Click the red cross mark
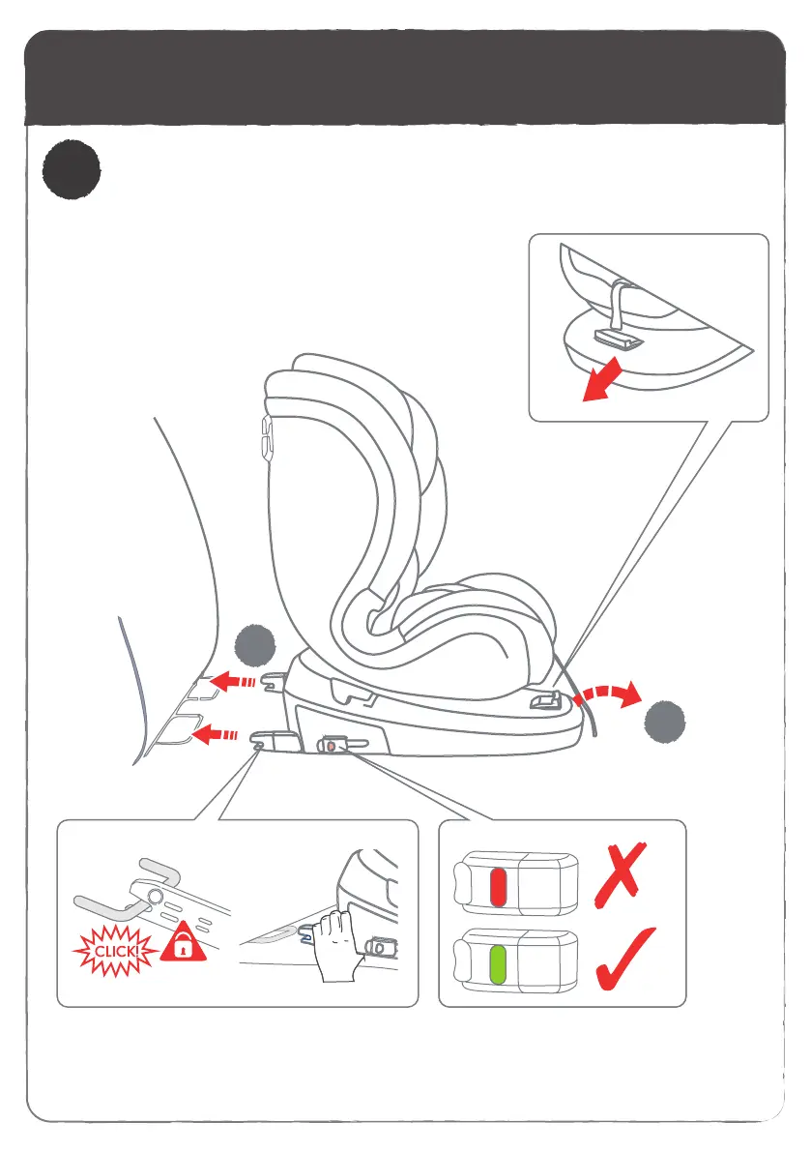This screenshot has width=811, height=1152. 620,871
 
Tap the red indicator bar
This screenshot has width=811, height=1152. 499,884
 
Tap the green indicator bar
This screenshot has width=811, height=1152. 499,963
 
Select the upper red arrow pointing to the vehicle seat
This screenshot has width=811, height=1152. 233,683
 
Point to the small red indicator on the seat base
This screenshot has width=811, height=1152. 332,746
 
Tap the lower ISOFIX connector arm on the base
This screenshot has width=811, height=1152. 275,741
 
